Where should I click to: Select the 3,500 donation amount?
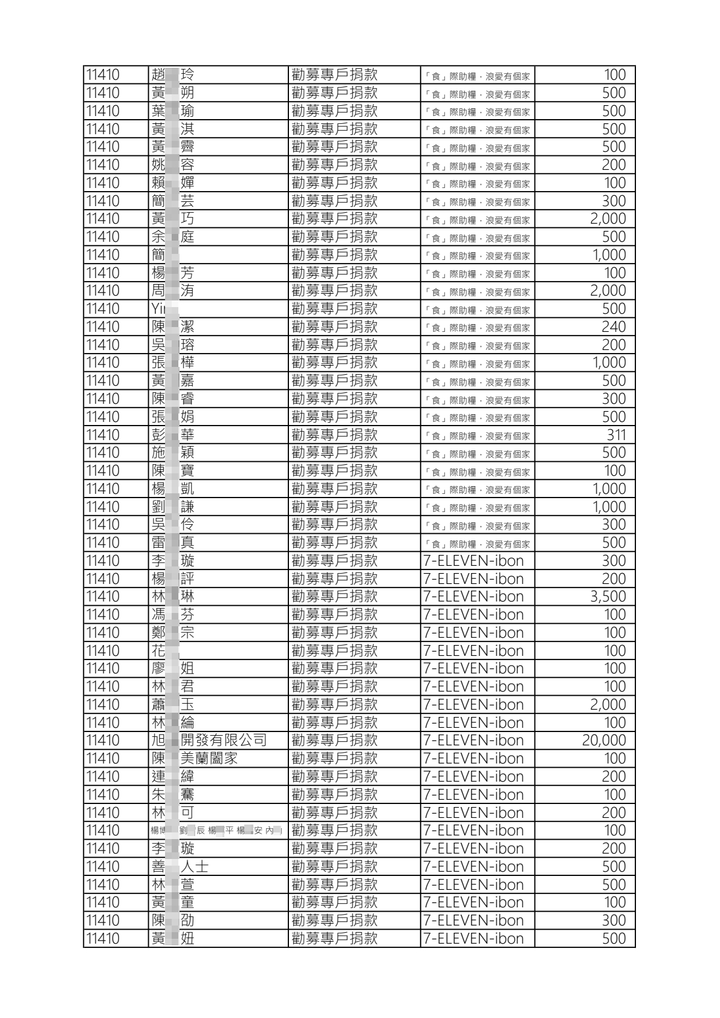pos(608,597)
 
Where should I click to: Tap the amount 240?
pos(613,327)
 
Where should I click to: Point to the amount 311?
pos(616,435)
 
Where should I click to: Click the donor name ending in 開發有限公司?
pos(209,741)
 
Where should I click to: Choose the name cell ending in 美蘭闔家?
pos(194,759)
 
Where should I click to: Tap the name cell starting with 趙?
pos(172,75)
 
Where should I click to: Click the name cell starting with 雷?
pos(172,543)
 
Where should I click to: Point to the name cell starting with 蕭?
pos(172,705)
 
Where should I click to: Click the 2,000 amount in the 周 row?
pos(608,291)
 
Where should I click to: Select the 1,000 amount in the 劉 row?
pos(609,507)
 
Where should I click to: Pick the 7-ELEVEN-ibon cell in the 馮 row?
pos(473,615)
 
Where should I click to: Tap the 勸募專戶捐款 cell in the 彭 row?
pos(334,435)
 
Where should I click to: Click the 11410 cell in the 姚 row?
pos(103,165)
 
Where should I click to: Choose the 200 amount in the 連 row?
pos(613,777)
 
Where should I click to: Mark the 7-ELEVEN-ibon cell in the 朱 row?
pos(473,795)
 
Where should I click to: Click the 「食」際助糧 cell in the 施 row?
pos(477,453)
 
